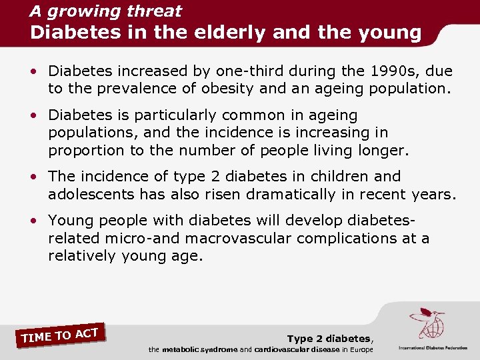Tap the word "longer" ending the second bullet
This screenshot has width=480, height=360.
[x=381, y=150]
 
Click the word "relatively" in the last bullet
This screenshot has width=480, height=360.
[x=83, y=255]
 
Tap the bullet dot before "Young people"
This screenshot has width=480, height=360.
[x=39, y=221]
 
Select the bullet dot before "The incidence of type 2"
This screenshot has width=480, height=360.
[x=39, y=177]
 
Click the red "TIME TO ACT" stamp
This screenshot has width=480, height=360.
[x=60, y=335]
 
